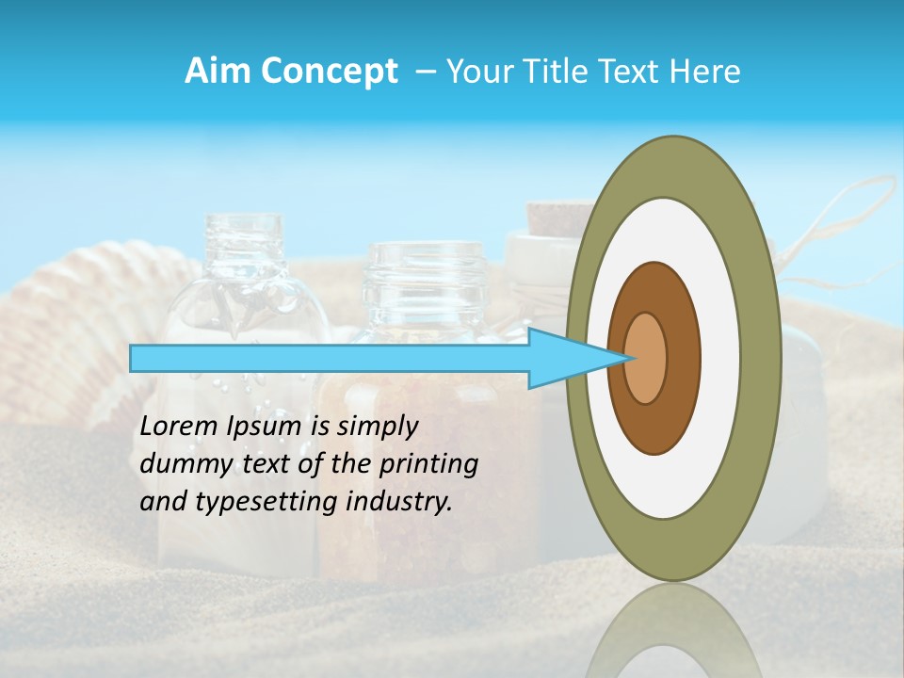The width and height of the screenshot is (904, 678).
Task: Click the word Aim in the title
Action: tap(218, 72)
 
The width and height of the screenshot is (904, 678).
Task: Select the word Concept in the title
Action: tap(329, 72)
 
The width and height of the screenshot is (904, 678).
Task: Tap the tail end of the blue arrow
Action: tap(133, 358)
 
